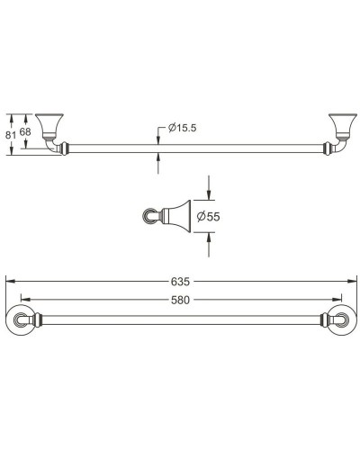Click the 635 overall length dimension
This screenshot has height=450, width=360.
click(181, 282)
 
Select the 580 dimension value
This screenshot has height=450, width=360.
click(181, 299)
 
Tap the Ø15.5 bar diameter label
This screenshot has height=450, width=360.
click(183, 128)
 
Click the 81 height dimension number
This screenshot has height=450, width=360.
click(11, 133)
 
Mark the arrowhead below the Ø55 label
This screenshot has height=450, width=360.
click(210, 236)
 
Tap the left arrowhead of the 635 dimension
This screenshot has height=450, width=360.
click(9, 282)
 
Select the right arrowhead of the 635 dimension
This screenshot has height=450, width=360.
click(351, 282)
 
